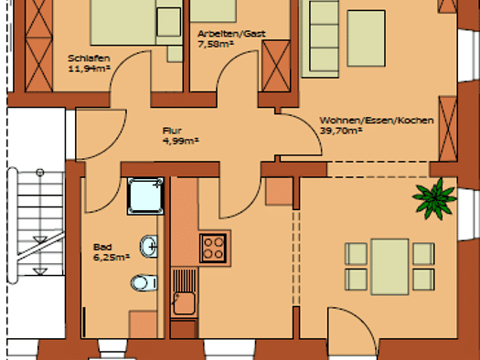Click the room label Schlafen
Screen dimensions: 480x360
(89, 58)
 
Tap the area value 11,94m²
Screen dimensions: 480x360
(89, 69)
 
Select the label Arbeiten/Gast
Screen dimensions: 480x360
(231, 34)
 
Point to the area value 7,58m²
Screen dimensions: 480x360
(216, 44)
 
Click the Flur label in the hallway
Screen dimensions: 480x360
(173, 131)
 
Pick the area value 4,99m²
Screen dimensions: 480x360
(181, 141)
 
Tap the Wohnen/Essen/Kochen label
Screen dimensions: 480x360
(377, 121)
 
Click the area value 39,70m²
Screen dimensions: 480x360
(341, 131)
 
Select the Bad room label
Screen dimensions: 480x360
(102, 247)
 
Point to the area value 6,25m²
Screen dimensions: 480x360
(112, 258)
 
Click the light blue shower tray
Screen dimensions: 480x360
(145, 196)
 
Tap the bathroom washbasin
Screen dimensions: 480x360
(149, 246)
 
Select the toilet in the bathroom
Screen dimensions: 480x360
(144, 282)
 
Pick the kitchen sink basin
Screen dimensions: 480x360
(185, 303)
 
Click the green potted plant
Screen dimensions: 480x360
(434, 199)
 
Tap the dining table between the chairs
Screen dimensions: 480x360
(389, 267)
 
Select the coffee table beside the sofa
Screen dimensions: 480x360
(366, 38)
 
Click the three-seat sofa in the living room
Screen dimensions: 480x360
(321, 39)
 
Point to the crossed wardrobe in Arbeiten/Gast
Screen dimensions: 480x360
(276, 66)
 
